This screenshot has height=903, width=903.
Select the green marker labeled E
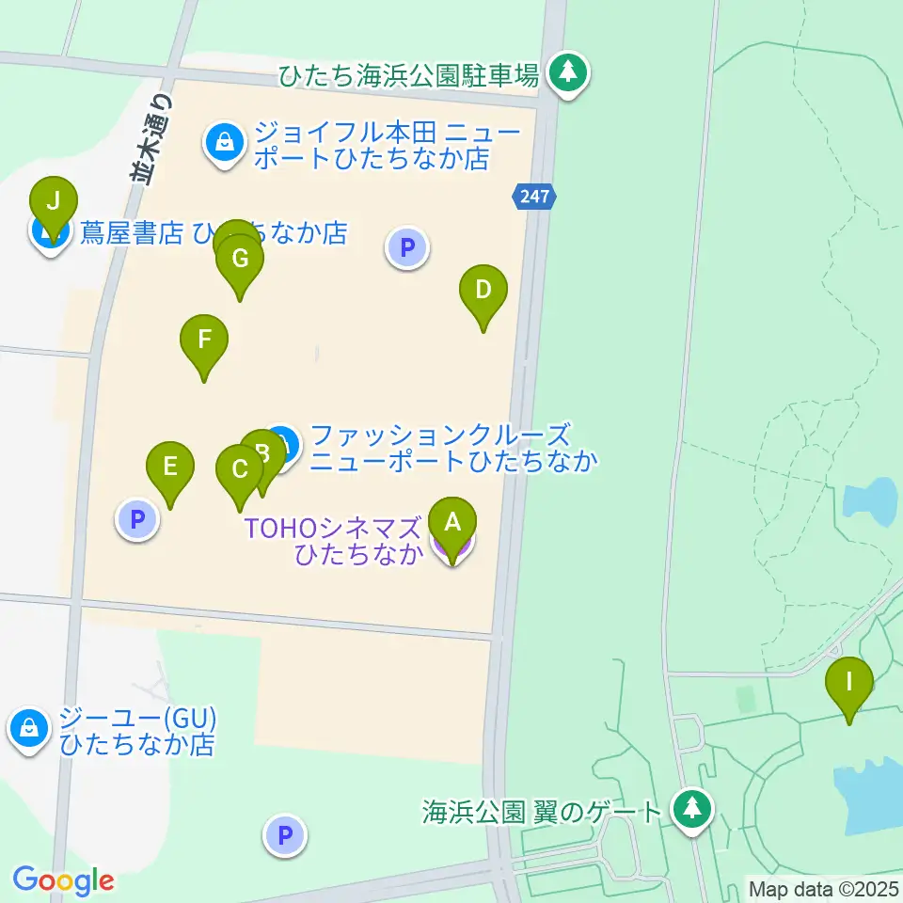(170, 466)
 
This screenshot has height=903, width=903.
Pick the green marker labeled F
(204, 339)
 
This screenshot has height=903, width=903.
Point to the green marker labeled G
(239, 259)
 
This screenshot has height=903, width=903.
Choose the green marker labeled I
(849, 681)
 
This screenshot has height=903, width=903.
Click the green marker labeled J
(54, 202)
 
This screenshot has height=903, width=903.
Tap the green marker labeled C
(240, 469)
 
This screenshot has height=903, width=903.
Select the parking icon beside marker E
(138, 519)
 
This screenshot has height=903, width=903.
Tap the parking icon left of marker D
(407, 248)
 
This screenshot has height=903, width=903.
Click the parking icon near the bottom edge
(284, 834)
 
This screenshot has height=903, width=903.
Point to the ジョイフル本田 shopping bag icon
(224, 143)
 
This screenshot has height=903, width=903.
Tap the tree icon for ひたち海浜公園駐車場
(567, 72)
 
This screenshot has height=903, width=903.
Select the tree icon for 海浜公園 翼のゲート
(693, 808)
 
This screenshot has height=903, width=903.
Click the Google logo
(63, 881)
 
